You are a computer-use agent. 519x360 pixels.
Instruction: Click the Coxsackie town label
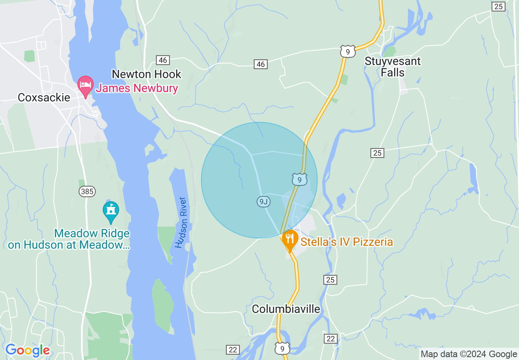pos(44,97)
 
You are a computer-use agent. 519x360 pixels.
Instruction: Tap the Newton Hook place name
pos(146,74)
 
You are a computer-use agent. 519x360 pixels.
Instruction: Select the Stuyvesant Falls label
pos(392,67)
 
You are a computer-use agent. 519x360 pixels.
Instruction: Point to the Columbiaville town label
pos(286,309)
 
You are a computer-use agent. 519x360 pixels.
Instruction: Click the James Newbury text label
pos(137,88)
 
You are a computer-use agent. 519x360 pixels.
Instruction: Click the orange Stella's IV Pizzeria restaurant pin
pos(289,240)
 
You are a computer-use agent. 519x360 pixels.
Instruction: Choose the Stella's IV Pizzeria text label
pos(346,242)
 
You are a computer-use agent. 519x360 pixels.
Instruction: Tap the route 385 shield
pos(87,191)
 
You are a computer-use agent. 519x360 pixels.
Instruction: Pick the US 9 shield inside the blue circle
pos(300,180)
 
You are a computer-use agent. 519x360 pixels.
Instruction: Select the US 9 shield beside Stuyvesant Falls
pos(348,52)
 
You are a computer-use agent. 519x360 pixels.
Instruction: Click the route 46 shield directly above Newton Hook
pos(163,60)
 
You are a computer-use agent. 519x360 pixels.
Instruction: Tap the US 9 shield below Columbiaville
pos(282,348)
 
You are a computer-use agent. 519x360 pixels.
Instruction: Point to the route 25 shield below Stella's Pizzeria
pos(331,279)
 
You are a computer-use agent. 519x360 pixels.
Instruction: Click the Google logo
pos(27,350)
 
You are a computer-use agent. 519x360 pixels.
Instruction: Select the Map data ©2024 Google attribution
pos(469,354)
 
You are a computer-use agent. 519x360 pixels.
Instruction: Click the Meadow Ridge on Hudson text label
pos(69,239)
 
